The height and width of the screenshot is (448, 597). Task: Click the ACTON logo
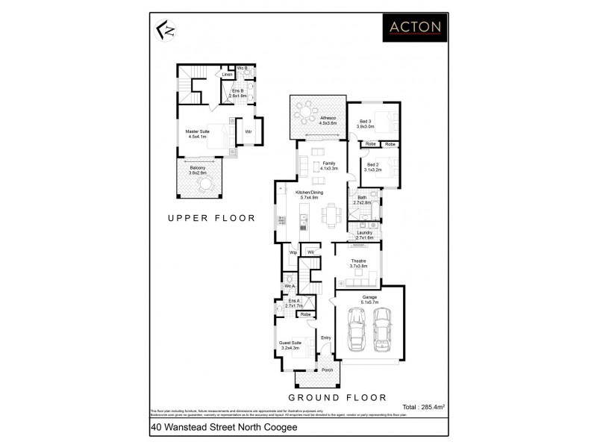coord(414,28)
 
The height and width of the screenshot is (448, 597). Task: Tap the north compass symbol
coord(165,31)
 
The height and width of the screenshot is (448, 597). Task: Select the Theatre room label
coord(358,263)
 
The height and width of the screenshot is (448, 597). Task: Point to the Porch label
coord(327,370)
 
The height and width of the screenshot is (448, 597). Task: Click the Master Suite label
coord(198,134)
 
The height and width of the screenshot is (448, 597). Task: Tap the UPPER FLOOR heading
coord(211,219)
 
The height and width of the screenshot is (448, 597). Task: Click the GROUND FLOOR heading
coord(338,397)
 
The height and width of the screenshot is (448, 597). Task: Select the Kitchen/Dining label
coord(307,195)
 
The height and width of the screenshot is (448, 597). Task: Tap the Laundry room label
coord(364,234)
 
